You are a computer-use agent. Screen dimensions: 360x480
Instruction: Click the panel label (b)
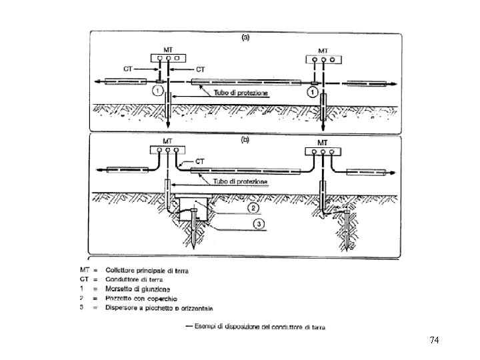(x=245, y=140)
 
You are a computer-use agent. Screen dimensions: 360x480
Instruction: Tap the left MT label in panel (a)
(x=169, y=49)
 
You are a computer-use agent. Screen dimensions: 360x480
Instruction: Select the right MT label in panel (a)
(x=323, y=50)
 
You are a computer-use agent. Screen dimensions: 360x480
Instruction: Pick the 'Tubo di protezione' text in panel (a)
(x=241, y=93)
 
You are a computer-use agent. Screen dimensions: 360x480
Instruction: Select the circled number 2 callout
(x=255, y=207)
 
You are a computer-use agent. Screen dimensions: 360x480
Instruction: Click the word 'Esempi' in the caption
(x=207, y=327)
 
